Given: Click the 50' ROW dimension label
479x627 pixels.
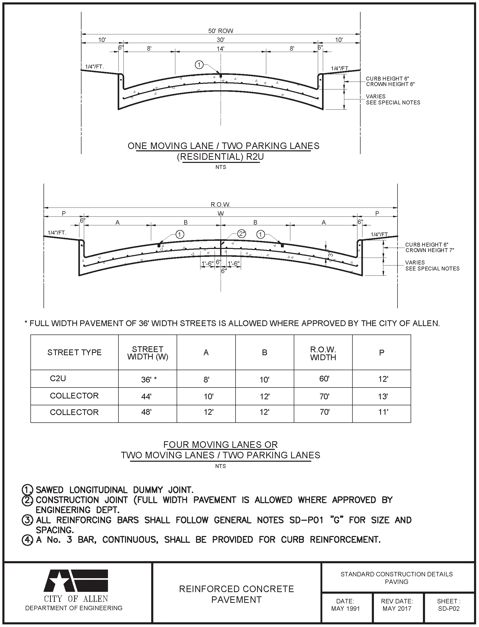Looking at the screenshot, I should point(220,31).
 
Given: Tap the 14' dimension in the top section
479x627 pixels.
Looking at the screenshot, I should point(220,49).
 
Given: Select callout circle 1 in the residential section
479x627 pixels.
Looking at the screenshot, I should point(199,65).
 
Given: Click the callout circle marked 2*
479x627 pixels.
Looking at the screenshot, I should point(242,234).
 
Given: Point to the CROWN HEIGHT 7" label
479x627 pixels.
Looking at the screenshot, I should point(429,250).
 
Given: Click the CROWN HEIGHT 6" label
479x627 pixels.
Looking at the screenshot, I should point(390,84).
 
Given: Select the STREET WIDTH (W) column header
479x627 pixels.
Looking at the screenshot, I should point(148,353).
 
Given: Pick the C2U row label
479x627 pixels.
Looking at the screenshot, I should point(58,378).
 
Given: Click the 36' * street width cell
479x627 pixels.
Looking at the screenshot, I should point(149,380).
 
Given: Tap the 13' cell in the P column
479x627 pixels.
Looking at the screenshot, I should point(383,396).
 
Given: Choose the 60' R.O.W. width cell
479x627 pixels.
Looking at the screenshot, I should point(324,379).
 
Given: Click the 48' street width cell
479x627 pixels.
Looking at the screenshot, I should point(146,412).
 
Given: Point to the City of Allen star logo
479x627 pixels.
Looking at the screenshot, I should point(76,581).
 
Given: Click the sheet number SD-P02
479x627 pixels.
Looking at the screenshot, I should point(449,608).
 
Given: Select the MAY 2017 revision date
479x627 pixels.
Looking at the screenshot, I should point(397,608).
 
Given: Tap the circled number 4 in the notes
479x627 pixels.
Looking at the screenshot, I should point(27,540).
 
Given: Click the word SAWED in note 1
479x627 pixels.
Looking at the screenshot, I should point(50,490).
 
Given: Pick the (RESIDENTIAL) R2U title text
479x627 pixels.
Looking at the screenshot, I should point(220,157).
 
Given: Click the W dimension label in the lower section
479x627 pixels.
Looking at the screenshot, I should point(220,214).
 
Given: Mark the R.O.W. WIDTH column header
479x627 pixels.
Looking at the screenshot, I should point(323,353).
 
